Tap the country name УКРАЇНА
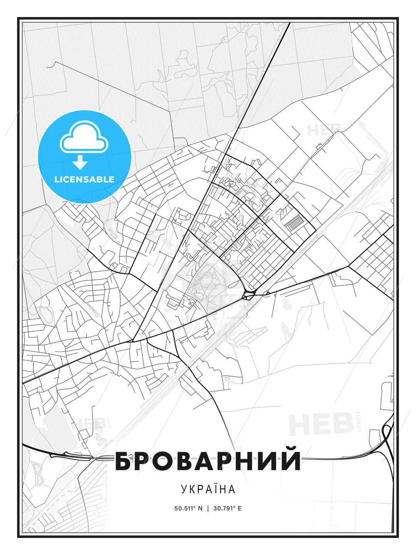(x=208, y=489)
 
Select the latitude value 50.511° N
(x=188, y=508)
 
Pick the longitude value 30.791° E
(x=228, y=508)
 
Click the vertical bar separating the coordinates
(x=208, y=508)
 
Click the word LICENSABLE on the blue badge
(x=84, y=179)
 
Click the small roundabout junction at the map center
(x=248, y=296)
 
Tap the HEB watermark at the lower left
(x=89, y=424)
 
